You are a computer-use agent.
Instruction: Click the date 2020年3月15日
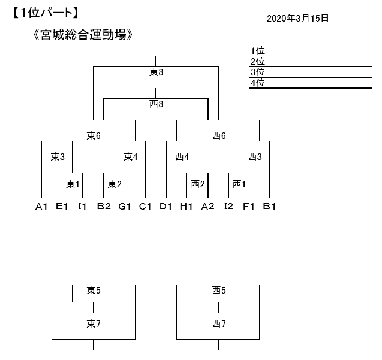[x=297, y=18]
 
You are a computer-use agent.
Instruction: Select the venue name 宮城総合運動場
[x=83, y=35]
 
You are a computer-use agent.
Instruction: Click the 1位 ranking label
[x=258, y=51]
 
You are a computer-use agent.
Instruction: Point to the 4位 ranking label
[x=258, y=83]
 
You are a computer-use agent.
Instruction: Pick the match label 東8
[x=156, y=72]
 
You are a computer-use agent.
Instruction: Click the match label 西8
[x=156, y=104]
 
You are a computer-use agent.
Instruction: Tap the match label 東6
[x=94, y=135]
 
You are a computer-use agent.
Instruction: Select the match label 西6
[x=219, y=135]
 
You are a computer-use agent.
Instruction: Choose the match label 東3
[x=57, y=157]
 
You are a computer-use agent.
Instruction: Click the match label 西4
[x=182, y=157]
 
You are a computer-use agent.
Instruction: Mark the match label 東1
[x=73, y=184]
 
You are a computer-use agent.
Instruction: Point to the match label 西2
[x=198, y=184]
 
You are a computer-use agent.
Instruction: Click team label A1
[x=41, y=207]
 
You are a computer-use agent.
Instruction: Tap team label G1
[x=124, y=207]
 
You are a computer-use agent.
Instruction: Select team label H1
[x=187, y=207]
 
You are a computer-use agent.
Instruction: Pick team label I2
[x=228, y=207]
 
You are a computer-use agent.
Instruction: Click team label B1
[x=269, y=207]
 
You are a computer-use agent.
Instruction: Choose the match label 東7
[x=94, y=324]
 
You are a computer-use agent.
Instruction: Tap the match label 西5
[x=219, y=291]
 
